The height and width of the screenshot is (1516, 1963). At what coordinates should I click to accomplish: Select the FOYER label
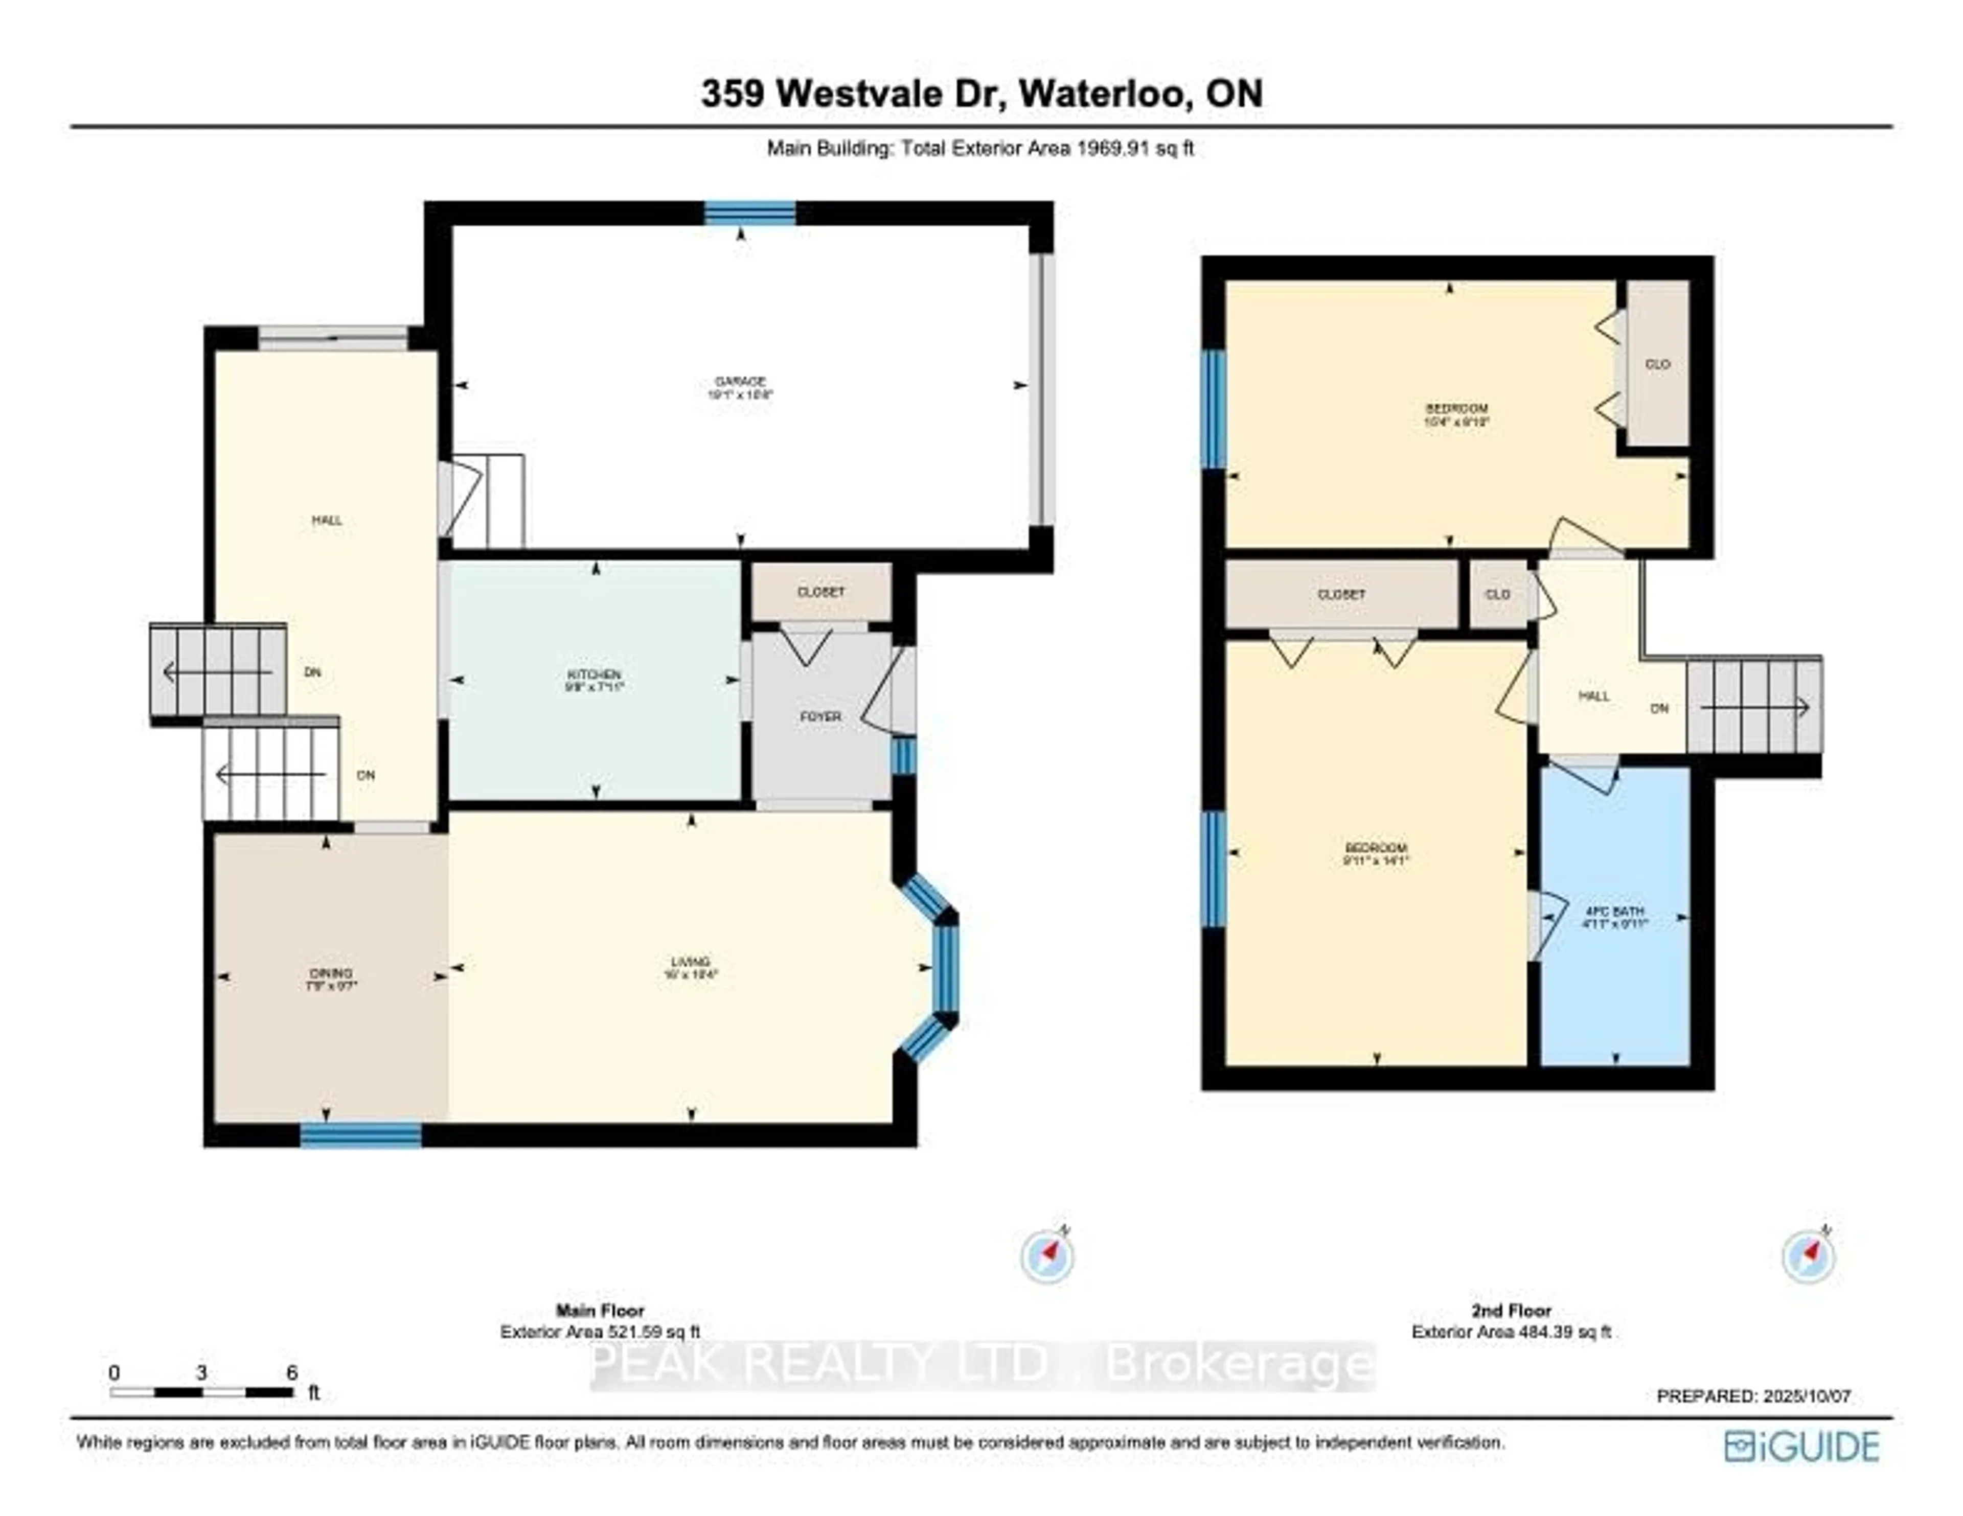(x=820, y=716)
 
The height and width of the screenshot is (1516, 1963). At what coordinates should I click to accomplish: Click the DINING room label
(x=330, y=973)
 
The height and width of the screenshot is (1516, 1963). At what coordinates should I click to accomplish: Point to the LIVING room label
(x=690, y=962)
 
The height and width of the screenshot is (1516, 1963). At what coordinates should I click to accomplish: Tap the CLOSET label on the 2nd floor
(x=1341, y=595)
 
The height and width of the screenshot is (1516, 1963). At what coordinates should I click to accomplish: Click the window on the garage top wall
(x=749, y=213)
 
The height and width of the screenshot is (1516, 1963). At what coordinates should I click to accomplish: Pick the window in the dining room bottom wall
(x=360, y=1136)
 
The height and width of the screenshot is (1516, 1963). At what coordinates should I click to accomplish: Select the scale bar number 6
(x=291, y=1372)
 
